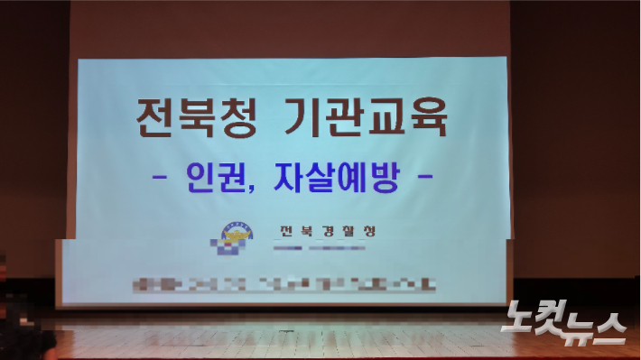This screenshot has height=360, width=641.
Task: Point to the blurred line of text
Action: coord(280,287)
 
